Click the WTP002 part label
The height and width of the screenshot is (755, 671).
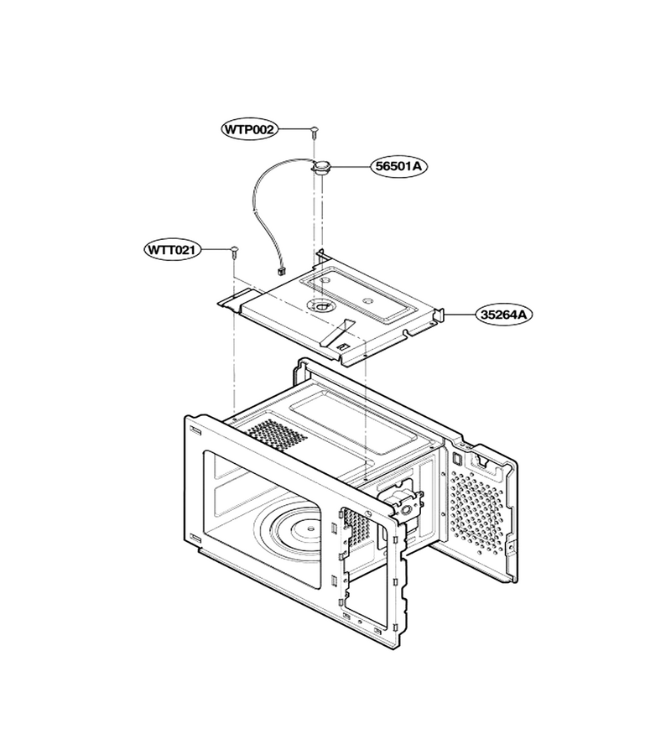click(249, 129)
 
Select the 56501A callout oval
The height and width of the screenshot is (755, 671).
click(398, 166)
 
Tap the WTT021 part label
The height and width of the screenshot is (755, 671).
click(171, 250)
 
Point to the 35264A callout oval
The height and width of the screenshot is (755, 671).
click(504, 315)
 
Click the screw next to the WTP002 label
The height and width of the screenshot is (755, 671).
click(314, 132)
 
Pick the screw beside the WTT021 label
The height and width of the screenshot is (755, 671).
click(234, 253)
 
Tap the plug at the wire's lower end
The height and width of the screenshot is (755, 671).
click(279, 272)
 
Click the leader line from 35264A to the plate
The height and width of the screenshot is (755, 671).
click(460, 315)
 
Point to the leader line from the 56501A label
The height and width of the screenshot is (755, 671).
click(350, 166)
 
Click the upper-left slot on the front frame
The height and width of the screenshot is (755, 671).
click(195, 430)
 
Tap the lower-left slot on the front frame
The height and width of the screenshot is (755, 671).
click(195, 538)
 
